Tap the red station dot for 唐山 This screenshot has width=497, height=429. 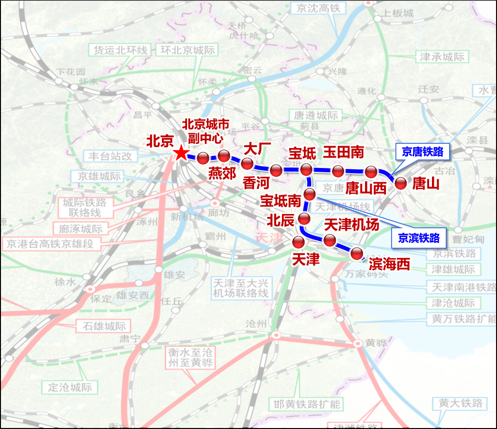(401, 184)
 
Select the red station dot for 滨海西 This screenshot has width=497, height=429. (356, 253)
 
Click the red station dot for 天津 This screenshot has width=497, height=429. (299, 242)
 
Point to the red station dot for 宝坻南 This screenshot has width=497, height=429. (309, 194)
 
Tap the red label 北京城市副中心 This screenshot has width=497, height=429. (206, 131)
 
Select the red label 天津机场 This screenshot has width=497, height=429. (351, 224)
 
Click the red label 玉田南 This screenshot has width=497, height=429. (344, 152)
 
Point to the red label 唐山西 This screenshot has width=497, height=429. (366, 188)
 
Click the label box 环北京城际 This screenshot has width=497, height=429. (188, 50)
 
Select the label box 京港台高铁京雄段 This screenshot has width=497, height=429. (53, 244)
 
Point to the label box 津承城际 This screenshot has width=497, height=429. (443, 57)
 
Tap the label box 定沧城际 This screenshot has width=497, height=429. (70, 387)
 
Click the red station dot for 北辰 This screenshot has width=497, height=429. (304, 219)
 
